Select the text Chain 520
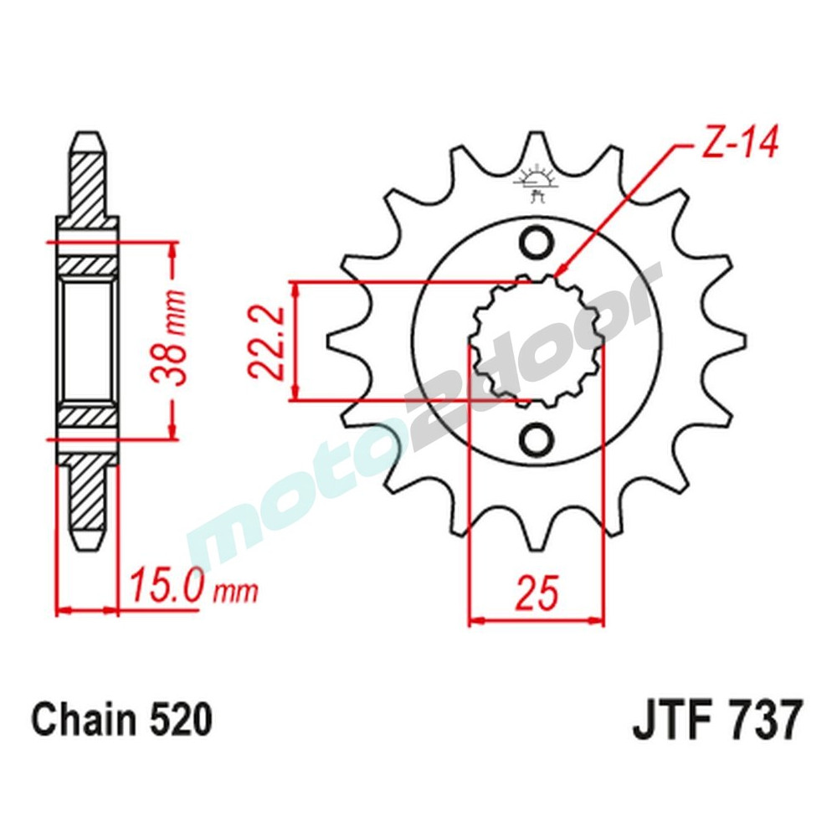122,720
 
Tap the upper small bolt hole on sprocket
536,244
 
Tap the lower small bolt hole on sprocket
536,438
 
